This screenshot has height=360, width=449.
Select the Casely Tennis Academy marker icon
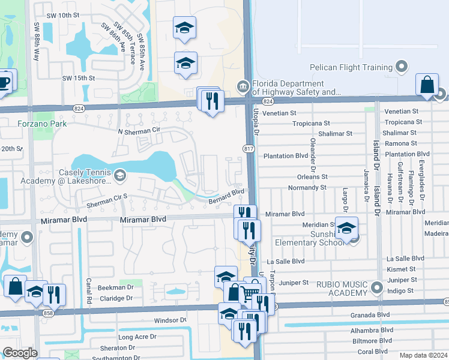tap(119, 175)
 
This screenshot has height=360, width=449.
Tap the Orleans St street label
tap(312, 177)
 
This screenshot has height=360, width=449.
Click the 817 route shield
tap(249, 148)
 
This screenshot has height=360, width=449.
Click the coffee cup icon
tap(5, 81)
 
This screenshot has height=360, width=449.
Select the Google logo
tap(19, 353)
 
